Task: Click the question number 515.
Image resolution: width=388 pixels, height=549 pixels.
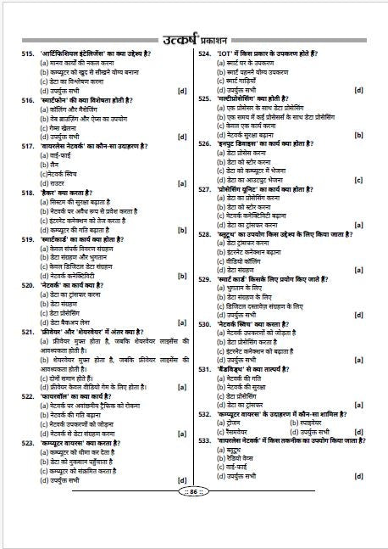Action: click(29, 53)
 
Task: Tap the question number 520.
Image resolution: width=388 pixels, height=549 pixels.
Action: click(29, 285)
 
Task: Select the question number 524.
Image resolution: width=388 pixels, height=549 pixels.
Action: click(205, 53)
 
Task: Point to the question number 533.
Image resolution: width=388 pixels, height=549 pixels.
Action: click(205, 440)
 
